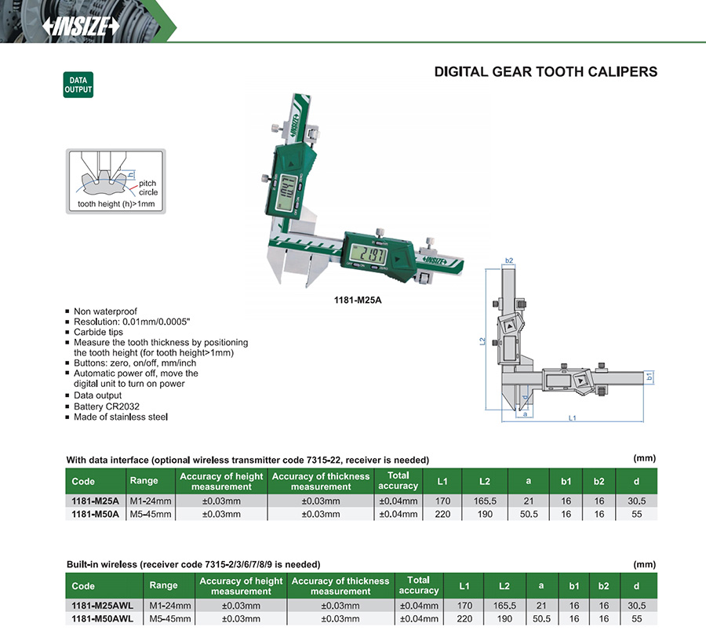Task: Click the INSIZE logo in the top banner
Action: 81,26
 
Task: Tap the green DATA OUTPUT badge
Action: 78,85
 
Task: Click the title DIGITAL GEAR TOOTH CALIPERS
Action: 546,71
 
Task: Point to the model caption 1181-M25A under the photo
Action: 358,300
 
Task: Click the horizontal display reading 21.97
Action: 369,255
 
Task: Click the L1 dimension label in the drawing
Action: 573,418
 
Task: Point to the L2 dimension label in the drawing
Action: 482,341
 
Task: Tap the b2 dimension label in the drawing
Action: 509,261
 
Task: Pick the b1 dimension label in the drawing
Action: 650,377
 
